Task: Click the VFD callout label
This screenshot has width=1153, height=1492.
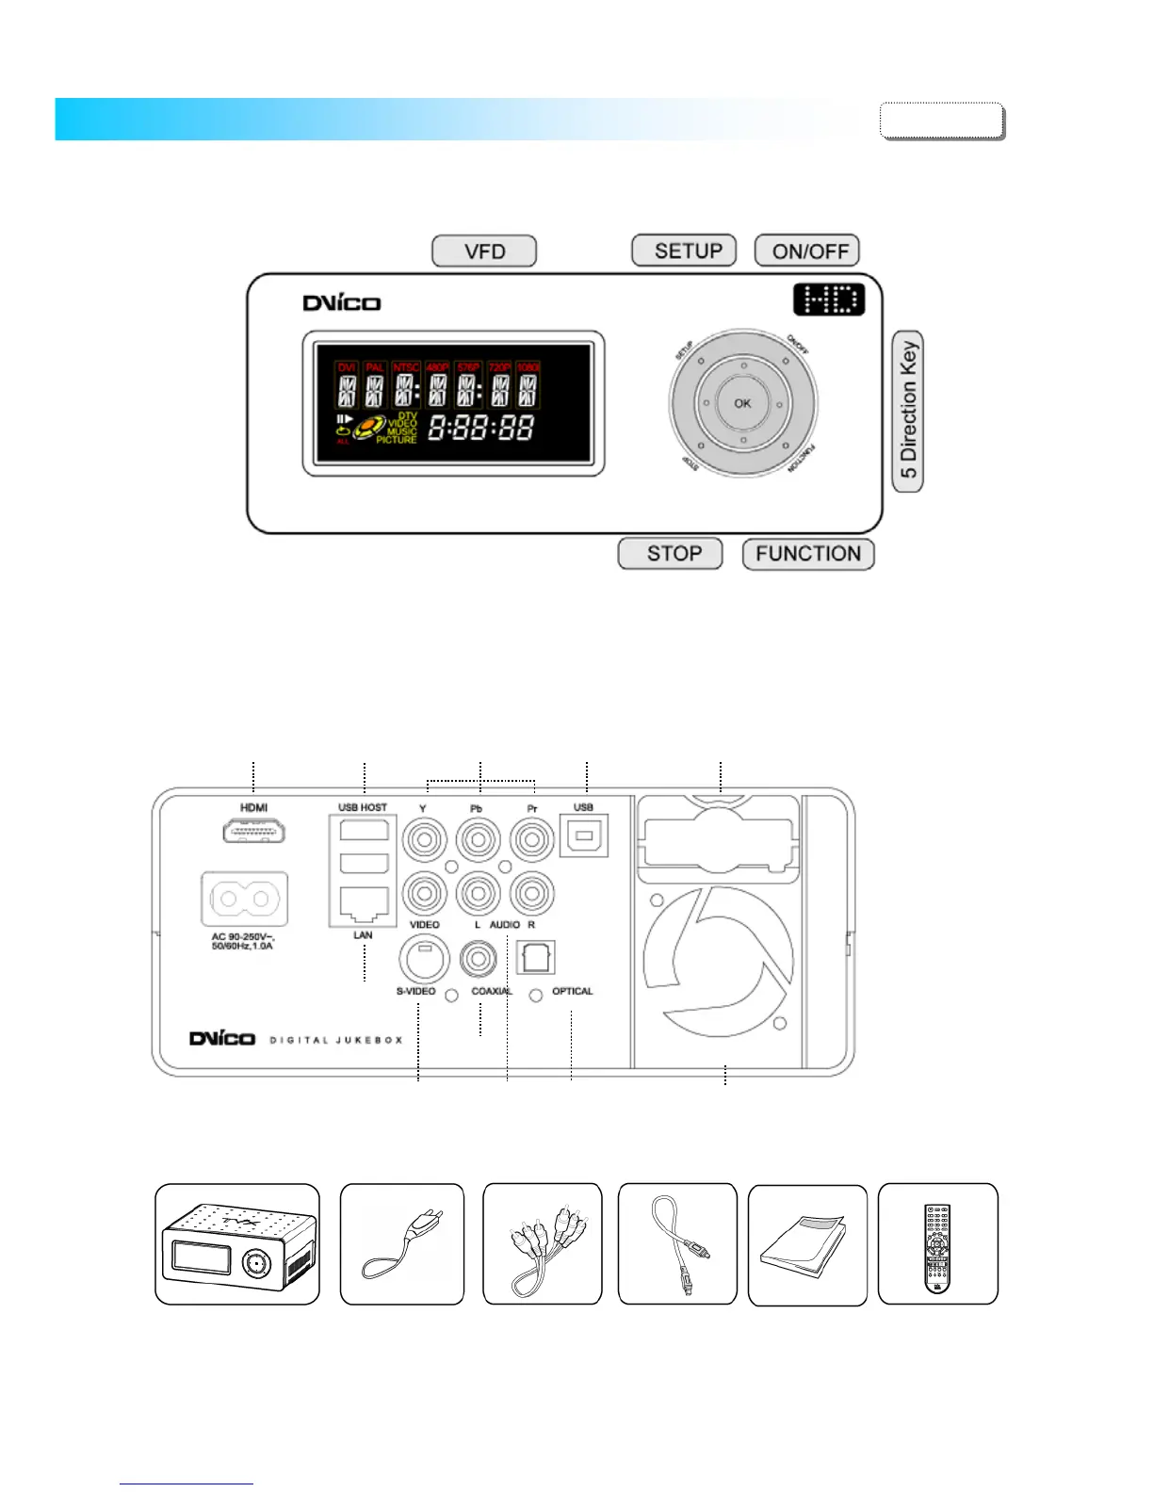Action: pyautogui.click(x=484, y=251)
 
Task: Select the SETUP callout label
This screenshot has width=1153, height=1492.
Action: pyautogui.click(x=684, y=251)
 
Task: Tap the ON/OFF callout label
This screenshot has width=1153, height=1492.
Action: pyautogui.click(x=807, y=251)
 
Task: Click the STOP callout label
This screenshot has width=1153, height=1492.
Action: pyautogui.click(x=671, y=554)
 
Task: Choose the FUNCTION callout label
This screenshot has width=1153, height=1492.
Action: pyautogui.click(x=808, y=554)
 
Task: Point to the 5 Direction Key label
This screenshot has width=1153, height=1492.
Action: pyautogui.click(x=908, y=412)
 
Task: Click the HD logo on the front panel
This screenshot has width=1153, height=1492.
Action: pyautogui.click(x=828, y=300)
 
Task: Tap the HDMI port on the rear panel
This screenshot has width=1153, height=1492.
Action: pyautogui.click(x=254, y=831)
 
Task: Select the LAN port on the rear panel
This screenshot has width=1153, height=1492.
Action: pyautogui.click(x=363, y=904)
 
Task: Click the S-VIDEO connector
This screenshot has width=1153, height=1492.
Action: pyautogui.click(x=424, y=959)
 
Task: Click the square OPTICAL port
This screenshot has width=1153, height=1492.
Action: pyautogui.click(x=535, y=958)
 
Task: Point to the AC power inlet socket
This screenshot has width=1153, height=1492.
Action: pyautogui.click(x=245, y=900)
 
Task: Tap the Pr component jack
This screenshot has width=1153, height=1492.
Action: pyautogui.click(x=532, y=837)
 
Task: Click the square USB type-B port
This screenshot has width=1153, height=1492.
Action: pyautogui.click(x=584, y=835)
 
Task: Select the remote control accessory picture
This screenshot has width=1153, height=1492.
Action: pyautogui.click(x=937, y=1244)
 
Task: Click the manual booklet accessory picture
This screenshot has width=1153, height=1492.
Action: pyautogui.click(x=807, y=1245)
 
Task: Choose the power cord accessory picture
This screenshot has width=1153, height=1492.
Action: pyautogui.click(x=402, y=1244)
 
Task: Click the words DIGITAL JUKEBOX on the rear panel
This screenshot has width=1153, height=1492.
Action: pyautogui.click(x=336, y=1040)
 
